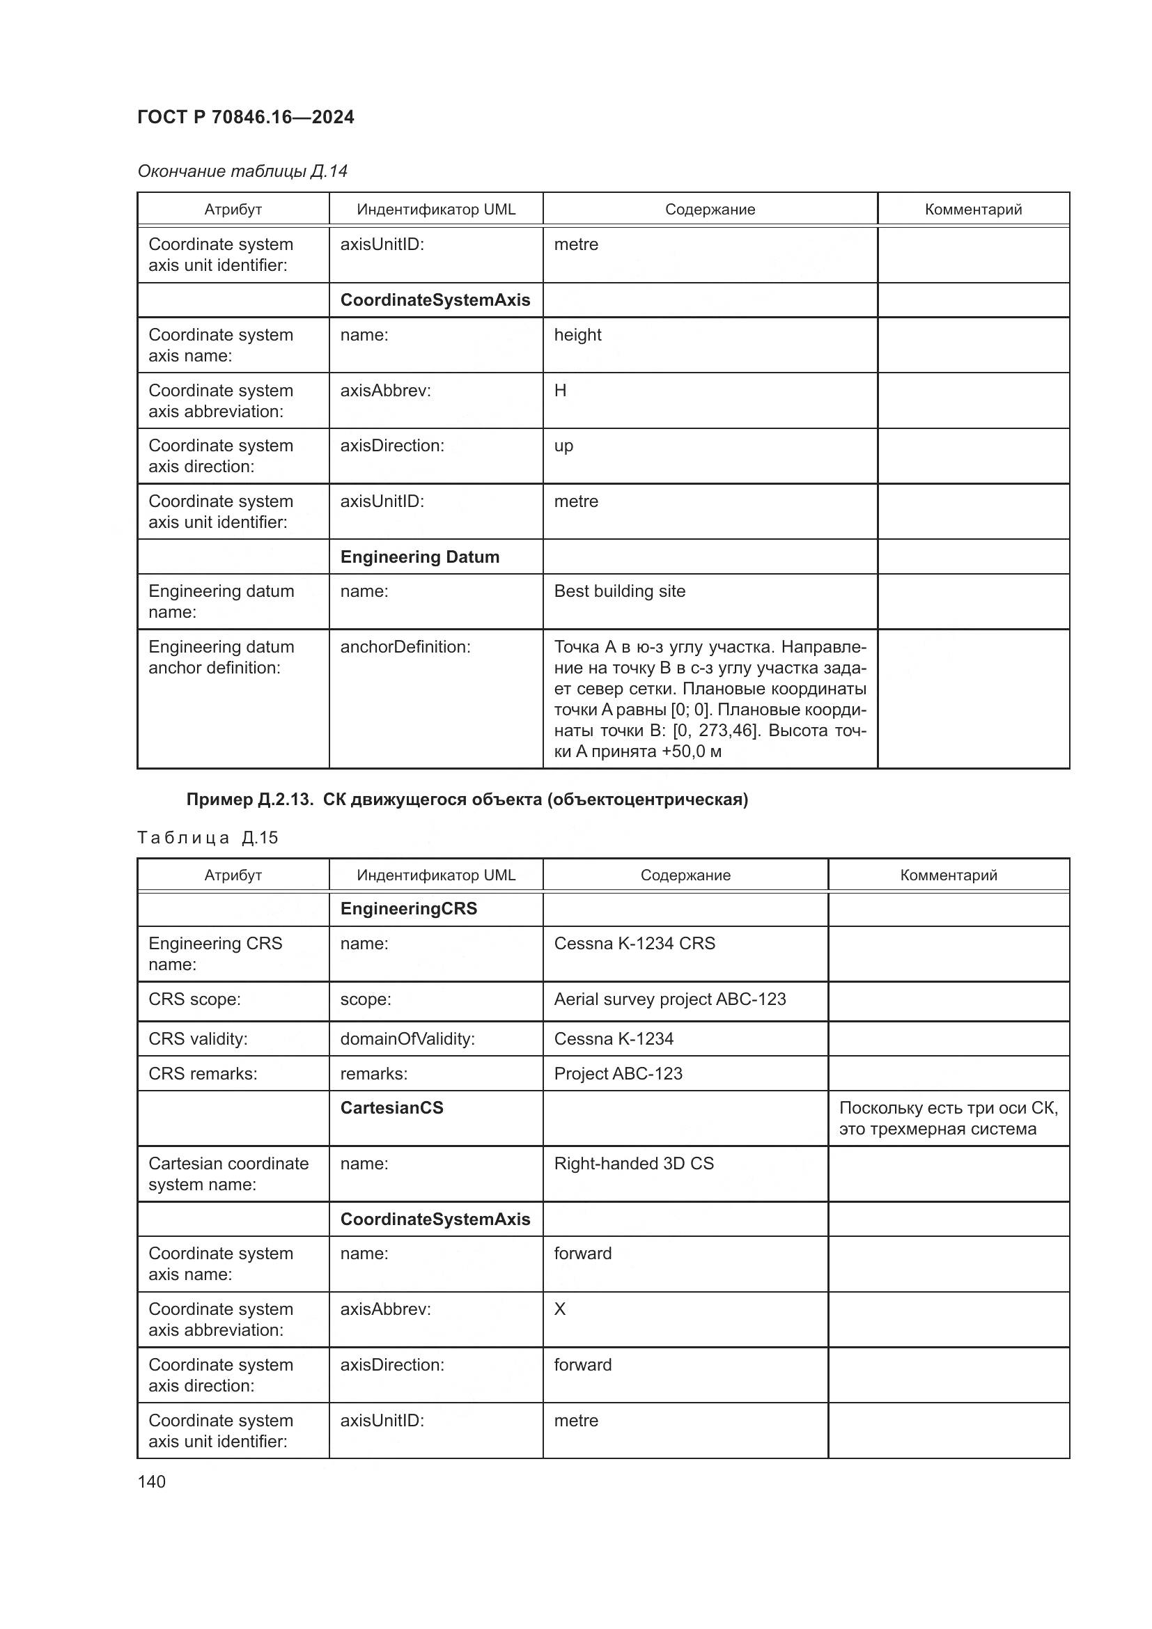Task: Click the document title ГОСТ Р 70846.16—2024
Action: coord(245,117)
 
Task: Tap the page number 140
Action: coord(152,1481)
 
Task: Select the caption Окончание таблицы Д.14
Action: coord(242,171)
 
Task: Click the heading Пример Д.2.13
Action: coord(467,800)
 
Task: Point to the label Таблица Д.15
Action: coord(207,838)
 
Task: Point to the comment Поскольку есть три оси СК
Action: coord(948,1119)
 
